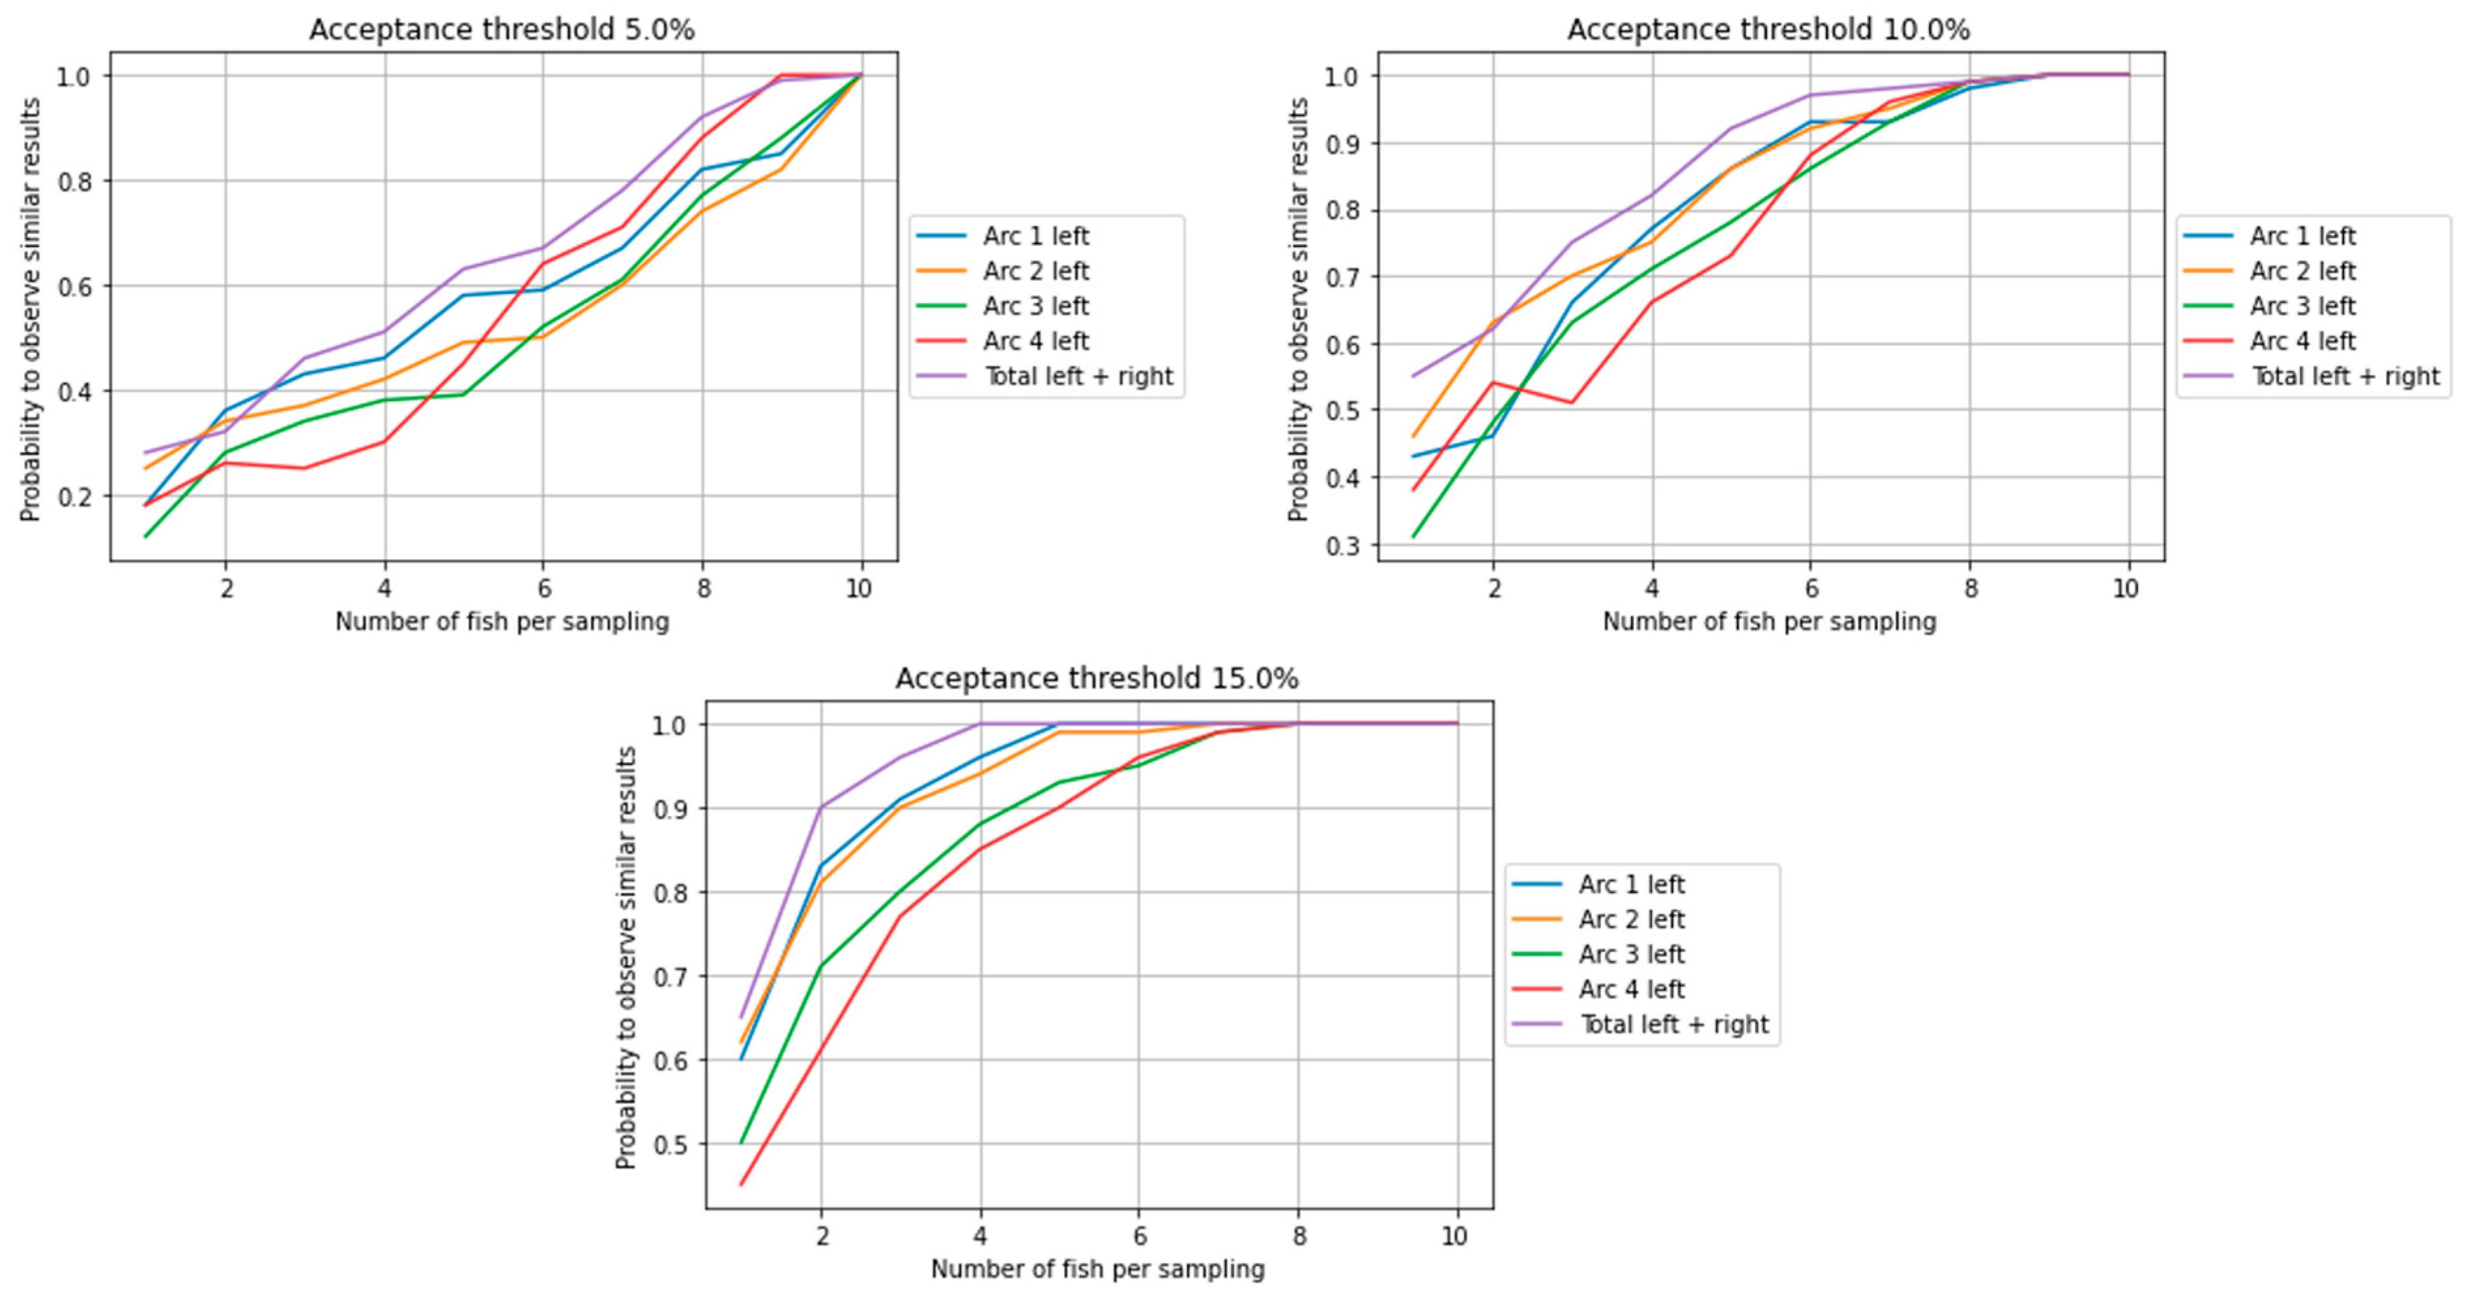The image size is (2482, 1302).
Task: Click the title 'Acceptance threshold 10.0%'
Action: [x=1768, y=30]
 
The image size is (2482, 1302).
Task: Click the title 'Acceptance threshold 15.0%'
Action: [x=1096, y=679]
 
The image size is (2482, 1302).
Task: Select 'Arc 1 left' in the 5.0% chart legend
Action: [x=1035, y=236]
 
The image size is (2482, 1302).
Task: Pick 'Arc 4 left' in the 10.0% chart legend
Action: [x=2302, y=341]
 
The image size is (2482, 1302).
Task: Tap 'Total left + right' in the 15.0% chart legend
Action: [x=1674, y=1024]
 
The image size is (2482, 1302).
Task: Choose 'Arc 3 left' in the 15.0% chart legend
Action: [x=1631, y=954]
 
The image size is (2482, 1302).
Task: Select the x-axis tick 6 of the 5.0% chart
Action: [x=543, y=589]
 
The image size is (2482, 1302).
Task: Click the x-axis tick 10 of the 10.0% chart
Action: [x=2125, y=589]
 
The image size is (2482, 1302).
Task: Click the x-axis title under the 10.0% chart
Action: [x=1768, y=622]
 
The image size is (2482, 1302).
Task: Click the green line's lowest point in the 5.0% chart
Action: [x=146, y=536]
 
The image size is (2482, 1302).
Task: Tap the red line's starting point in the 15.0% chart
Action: [x=741, y=1184]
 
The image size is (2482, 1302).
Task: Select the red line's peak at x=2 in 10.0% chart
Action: [x=1493, y=383]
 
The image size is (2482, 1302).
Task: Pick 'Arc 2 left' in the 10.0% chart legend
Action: [x=2302, y=272]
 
